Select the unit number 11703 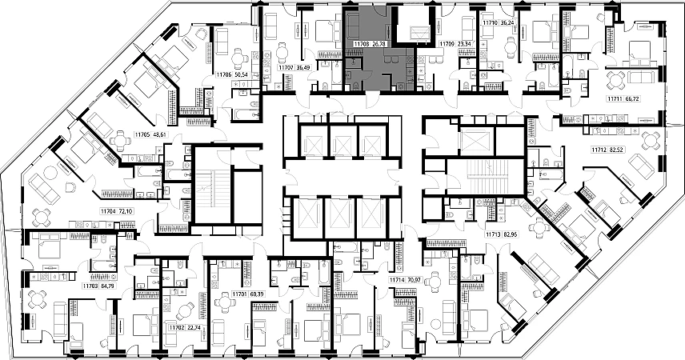90,286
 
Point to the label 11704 108,210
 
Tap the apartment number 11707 286,68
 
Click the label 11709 447,45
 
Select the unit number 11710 487,23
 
